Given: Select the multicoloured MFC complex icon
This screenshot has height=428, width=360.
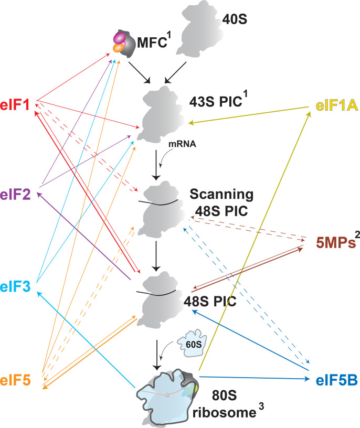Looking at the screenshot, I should (x=122, y=42).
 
